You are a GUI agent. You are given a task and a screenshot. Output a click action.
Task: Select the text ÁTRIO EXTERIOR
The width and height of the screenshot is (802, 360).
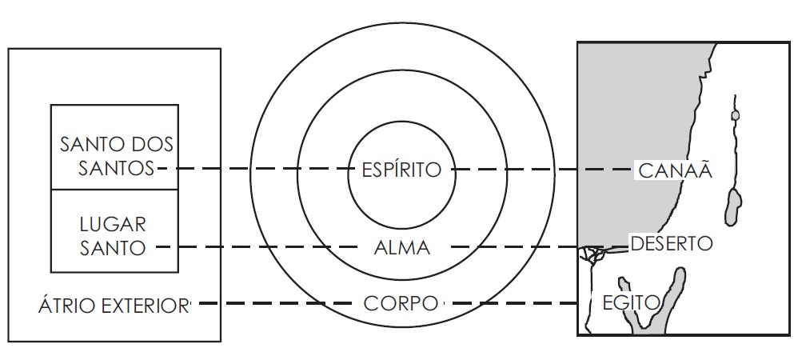113,304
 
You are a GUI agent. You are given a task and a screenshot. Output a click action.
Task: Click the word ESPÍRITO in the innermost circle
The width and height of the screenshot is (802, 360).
401,170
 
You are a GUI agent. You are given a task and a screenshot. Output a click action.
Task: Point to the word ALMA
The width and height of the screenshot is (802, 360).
401,248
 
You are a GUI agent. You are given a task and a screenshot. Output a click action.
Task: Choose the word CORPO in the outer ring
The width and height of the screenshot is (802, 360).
401,304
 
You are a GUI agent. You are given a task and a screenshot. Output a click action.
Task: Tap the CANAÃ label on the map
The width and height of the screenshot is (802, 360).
675,170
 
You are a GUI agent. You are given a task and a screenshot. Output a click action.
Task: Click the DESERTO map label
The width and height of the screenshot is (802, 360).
670,242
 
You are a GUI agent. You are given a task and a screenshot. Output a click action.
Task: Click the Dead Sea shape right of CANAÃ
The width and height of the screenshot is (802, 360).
731,206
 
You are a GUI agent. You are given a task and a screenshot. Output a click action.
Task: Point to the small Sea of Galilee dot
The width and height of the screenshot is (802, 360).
736,115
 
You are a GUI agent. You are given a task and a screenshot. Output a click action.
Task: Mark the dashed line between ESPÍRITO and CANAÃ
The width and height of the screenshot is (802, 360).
544,170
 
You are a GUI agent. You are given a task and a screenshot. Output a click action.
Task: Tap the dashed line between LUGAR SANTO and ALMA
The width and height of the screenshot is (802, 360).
256,248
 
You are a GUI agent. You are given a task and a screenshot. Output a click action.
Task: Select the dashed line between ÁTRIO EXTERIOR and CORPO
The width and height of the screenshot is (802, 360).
272,304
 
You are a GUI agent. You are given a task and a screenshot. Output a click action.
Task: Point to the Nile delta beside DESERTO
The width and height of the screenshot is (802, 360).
593,254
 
